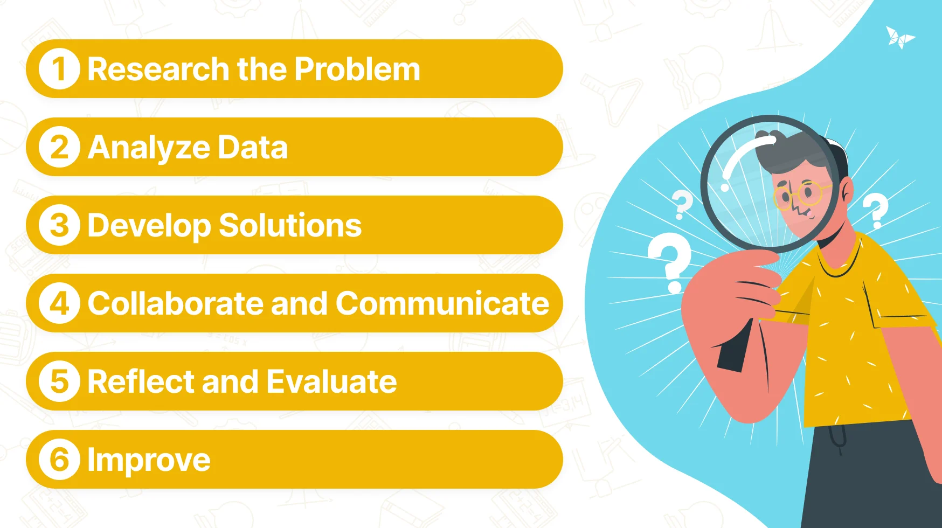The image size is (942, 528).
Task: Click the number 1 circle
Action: [x=59, y=69]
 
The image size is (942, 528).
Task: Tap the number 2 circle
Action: [x=59, y=147]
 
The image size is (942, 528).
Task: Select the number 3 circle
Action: [x=59, y=225]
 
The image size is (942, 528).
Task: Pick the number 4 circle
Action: [x=59, y=303]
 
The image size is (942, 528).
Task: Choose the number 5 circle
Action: [x=59, y=381]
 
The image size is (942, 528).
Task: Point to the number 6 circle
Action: [x=59, y=460]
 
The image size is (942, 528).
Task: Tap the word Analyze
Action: [x=149, y=149]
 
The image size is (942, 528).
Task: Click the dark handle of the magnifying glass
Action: [x=735, y=345]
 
